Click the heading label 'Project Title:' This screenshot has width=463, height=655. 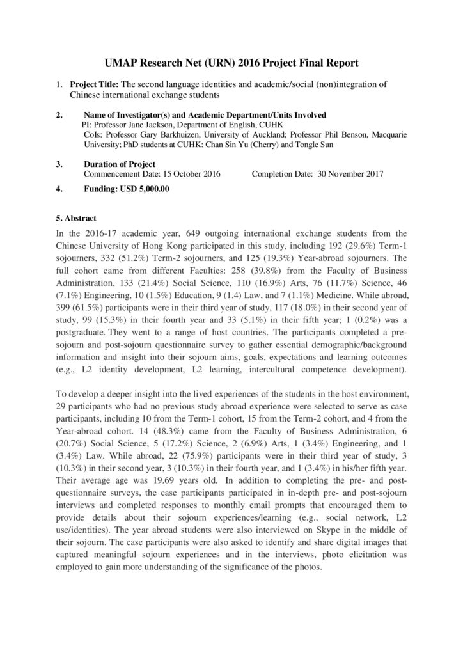pyautogui.click(x=95, y=84)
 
